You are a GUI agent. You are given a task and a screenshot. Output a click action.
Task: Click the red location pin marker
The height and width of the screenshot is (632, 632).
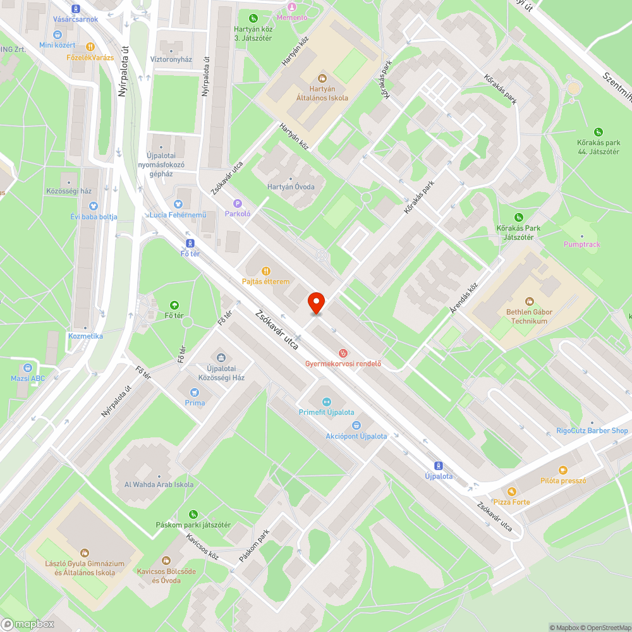pyautogui.click(x=316, y=303)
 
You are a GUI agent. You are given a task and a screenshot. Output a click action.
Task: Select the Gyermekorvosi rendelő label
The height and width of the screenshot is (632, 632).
pyautogui.click(x=343, y=363)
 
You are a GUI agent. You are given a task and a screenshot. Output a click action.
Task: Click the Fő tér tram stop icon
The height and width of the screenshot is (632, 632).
pyautogui.click(x=190, y=243)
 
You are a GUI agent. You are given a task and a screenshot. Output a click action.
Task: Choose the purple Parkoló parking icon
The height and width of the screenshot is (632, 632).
pyautogui.click(x=238, y=204)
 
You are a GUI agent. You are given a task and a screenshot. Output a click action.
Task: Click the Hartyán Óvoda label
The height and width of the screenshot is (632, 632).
pyautogui.click(x=291, y=187)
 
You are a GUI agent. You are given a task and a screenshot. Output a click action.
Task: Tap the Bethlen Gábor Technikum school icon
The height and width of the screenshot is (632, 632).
pyautogui.click(x=530, y=301)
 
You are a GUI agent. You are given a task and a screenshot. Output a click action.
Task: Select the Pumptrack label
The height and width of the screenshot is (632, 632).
pyautogui.click(x=582, y=245)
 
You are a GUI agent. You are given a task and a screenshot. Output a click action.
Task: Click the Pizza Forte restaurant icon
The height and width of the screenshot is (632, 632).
pyautogui.click(x=512, y=491)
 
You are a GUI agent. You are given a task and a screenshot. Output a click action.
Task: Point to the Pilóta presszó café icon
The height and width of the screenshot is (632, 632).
pyautogui.click(x=562, y=470)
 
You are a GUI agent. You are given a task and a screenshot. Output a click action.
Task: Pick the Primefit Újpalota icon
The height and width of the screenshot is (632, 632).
pyautogui.click(x=327, y=401)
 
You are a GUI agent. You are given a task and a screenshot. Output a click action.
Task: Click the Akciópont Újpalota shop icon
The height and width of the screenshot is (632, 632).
pyautogui.click(x=356, y=425)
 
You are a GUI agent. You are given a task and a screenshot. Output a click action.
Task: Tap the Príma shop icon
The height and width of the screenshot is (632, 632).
pyautogui.click(x=195, y=392)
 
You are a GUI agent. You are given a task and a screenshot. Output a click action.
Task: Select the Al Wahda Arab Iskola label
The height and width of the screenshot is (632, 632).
pyautogui.click(x=159, y=484)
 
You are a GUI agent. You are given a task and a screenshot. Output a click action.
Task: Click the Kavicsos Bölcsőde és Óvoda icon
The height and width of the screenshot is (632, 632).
pyautogui.click(x=166, y=560)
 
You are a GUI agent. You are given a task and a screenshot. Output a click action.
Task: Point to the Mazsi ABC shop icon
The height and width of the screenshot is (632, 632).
pyautogui.click(x=28, y=368)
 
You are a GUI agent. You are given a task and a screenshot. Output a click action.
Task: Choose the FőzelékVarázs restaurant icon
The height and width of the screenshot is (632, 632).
pyautogui.click(x=90, y=46)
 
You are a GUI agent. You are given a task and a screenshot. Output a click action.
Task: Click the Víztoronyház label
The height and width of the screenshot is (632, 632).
pyautogui.click(x=171, y=59)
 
